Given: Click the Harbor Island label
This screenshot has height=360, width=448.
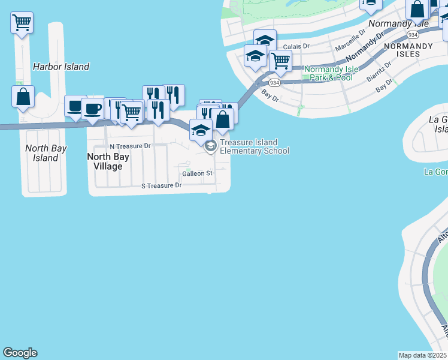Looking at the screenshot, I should coord(61,67).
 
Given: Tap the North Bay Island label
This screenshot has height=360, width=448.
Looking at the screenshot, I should coord(46,153).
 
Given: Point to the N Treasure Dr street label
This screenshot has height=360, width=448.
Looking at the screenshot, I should coord(130,146).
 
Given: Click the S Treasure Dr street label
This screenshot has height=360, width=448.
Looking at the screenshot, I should coord(161,186).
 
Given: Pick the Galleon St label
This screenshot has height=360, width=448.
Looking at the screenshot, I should coord(198,173).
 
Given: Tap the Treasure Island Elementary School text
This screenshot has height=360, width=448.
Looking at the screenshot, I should coord(254,146).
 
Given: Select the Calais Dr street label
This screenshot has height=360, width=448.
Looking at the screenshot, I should coord(296,46).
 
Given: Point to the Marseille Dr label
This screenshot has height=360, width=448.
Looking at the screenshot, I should coord(350,41).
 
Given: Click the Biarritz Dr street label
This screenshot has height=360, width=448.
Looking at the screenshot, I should coord(380,71).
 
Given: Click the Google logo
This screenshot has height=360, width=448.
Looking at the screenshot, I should coord(20,353).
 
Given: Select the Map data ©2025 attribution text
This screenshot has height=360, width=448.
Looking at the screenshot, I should coord(423,355).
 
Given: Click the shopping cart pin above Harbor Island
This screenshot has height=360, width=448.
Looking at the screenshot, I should coord(22,23).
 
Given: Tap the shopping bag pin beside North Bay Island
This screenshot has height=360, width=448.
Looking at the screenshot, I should coord(23,97).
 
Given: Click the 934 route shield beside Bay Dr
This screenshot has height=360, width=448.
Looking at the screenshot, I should coord(274,82).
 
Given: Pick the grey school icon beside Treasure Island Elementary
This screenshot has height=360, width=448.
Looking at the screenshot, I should coord(210,146).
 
